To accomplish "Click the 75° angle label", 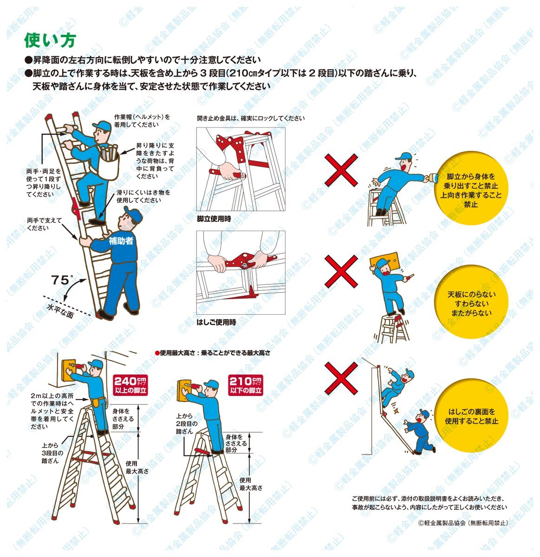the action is [x=62, y=279].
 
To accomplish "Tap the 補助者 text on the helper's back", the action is [x=121, y=241].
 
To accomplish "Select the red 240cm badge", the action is [x=130, y=385].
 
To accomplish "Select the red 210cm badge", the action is [x=245, y=385].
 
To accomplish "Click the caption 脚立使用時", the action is [x=214, y=219].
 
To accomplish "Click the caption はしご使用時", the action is [x=216, y=323].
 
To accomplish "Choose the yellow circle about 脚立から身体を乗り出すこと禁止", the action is [x=471, y=188].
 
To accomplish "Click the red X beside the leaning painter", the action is [x=341, y=170].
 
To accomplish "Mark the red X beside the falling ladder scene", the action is [x=341, y=378].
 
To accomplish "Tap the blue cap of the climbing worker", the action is [x=102, y=125].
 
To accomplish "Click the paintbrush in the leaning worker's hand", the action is [x=430, y=177].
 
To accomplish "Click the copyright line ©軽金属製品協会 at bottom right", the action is [x=463, y=523].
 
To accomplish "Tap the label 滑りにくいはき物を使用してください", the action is [x=143, y=196].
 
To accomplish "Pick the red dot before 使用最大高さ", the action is [x=157, y=353].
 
